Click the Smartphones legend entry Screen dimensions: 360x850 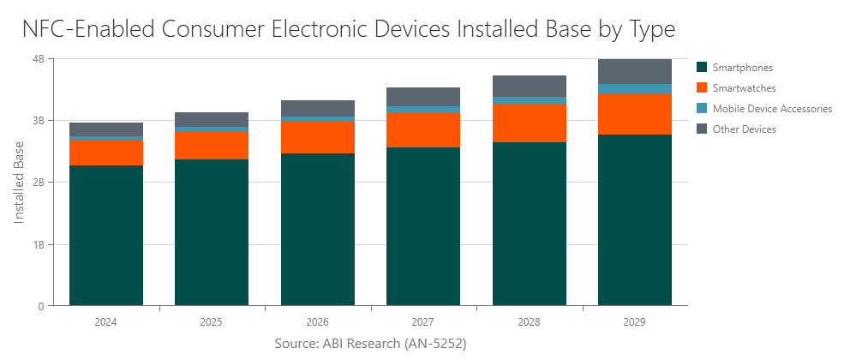tap(742, 68)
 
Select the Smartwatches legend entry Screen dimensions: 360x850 tap(744, 88)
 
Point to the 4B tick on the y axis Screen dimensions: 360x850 tap(39, 59)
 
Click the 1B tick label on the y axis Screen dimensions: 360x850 tap(39, 244)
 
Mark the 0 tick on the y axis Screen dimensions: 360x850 tap(41, 306)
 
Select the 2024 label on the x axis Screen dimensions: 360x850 tap(106, 323)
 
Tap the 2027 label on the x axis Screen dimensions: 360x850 tap(423, 323)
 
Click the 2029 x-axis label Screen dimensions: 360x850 tap(635, 323)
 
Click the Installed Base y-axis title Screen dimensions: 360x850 tap(19, 183)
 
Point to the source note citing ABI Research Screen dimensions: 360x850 tap(370, 343)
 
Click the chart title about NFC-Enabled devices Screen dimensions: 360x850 tap(349, 29)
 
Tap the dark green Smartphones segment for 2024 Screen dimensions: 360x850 tap(106, 236)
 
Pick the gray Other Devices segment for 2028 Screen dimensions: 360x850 tap(529, 86)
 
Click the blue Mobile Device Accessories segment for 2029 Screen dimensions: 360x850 tap(635, 89)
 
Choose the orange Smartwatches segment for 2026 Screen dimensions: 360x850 tap(317, 137)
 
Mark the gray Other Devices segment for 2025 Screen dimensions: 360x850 tap(212, 119)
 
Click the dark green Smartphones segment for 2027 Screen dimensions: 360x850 tap(423, 227)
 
